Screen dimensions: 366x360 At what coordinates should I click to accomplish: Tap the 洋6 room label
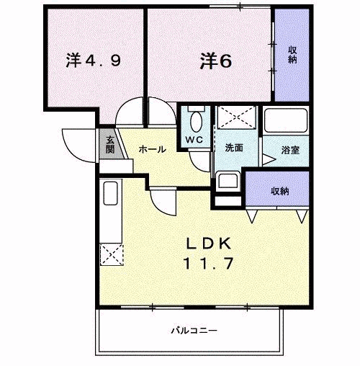pos(215,62)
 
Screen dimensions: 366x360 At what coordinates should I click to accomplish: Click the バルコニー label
pos(194,330)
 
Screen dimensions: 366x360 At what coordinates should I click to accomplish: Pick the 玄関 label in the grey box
pos(109,145)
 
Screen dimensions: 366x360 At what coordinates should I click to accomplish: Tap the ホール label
pos(152,149)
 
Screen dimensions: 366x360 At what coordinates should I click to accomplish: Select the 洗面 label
pos(233,148)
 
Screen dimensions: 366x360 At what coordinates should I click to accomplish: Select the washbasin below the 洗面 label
pos(229,182)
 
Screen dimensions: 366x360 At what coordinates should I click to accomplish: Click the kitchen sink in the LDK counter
pos(111,194)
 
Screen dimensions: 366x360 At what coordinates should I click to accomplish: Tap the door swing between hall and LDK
pos(162,202)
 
